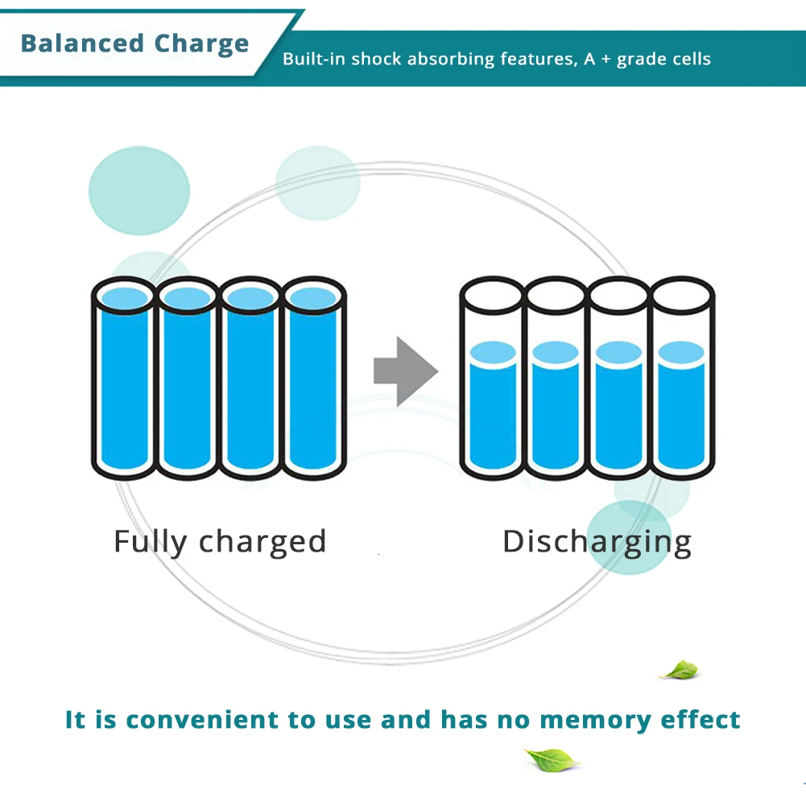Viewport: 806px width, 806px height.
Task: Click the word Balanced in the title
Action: pyautogui.click(x=82, y=43)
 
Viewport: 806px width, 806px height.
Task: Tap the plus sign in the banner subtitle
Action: pyautogui.click(x=606, y=59)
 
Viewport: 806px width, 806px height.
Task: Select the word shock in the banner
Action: pyautogui.click(x=376, y=59)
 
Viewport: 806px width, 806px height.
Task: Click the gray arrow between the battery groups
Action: pyautogui.click(x=406, y=371)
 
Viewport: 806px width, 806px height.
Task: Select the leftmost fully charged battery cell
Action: pyautogui.click(x=124, y=378)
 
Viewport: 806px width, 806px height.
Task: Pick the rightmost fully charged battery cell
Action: pyautogui.click(x=314, y=378)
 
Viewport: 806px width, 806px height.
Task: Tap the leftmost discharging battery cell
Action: pyautogui.click(x=493, y=378)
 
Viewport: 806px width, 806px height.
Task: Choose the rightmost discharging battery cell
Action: pyautogui.click(x=682, y=378)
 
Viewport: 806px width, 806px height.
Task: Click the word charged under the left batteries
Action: pyautogui.click(x=262, y=543)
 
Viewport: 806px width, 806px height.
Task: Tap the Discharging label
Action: pyautogui.click(x=597, y=543)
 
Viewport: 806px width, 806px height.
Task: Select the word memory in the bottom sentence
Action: pyautogui.click(x=595, y=721)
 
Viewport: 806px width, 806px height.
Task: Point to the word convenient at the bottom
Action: pyautogui.click(x=202, y=720)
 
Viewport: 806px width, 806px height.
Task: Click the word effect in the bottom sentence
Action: pyautogui.click(x=700, y=720)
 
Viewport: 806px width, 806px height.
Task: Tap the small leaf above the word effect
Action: pyautogui.click(x=680, y=670)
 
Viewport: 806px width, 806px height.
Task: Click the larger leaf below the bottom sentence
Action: pyautogui.click(x=552, y=760)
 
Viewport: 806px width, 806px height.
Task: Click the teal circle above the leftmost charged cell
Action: pyautogui.click(x=138, y=191)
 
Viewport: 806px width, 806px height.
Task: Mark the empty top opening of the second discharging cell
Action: pyautogui.click(x=556, y=296)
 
